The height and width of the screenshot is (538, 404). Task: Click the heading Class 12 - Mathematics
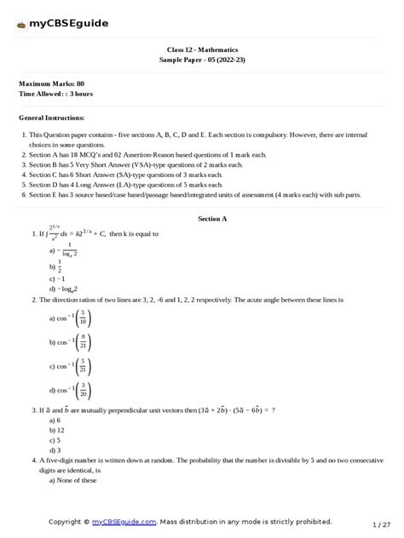(201, 50)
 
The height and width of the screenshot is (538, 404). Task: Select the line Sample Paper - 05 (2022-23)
(201, 60)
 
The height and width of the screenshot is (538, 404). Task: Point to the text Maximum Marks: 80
(51, 83)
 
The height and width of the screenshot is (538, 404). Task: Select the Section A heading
(212, 219)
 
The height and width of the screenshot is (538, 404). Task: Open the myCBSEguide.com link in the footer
(125, 521)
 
